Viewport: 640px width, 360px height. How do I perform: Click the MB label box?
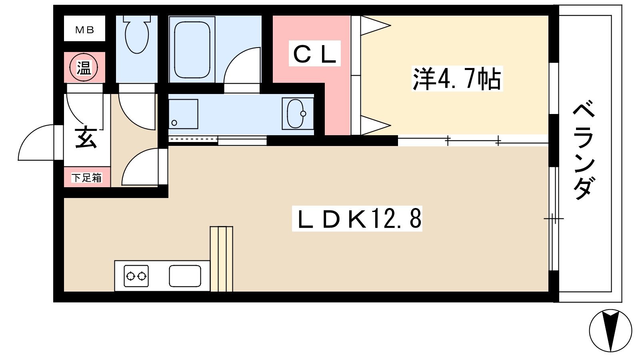(85, 29)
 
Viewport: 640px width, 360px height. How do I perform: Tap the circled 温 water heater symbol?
(84, 67)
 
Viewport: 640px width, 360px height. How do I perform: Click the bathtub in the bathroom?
(192, 48)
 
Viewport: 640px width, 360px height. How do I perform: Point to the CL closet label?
(315, 54)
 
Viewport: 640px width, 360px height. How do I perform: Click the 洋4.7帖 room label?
(456, 79)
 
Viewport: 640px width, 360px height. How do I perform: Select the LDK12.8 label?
(357, 219)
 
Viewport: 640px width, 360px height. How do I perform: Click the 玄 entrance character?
(86, 137)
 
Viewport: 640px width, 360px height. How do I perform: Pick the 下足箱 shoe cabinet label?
(87, 177)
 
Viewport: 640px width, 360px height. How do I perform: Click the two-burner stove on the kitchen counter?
(136, 276)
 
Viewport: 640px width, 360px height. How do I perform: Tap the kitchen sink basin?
(185, 276)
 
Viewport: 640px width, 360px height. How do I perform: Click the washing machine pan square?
(183, 114)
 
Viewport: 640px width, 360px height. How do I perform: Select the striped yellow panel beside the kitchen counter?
(222, 259)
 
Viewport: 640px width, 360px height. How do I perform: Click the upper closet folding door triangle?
(375, 26)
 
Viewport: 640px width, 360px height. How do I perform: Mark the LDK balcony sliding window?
(553, 219)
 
